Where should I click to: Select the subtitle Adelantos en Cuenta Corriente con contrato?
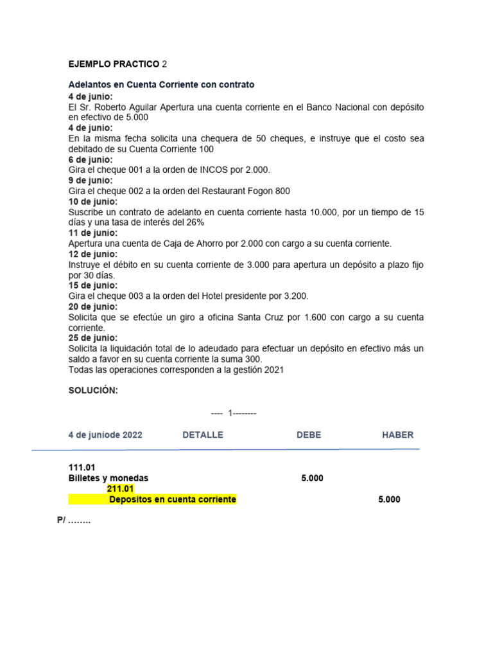pos(161,85)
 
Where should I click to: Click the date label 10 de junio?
pos(93,202)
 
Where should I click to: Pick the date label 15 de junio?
pos(93,285)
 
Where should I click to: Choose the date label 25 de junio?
pos(93,338)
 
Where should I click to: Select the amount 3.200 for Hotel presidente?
pos(295,296)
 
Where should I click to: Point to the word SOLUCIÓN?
pos(93,391)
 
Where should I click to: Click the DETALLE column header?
pos(203,435)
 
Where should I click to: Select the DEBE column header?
pos(309,435)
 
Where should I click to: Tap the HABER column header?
pos(398,435)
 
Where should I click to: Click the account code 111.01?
pos(82,468)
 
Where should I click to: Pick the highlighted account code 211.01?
pos(120,490)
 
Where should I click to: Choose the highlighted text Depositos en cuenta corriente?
pos(173,500)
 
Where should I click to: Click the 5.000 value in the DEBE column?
pos(313,479)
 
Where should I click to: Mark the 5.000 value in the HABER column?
pos(389,500)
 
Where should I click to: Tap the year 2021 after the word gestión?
pos(272,369)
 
